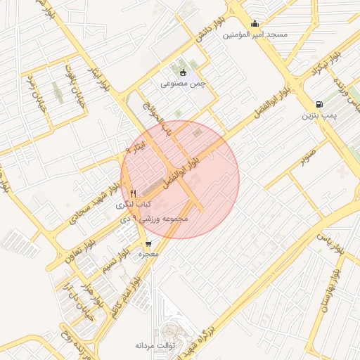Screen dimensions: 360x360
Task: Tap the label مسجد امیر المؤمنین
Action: (255, 34)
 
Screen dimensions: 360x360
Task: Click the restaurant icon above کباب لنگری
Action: (133, 193)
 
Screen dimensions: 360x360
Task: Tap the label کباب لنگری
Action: (134, 203)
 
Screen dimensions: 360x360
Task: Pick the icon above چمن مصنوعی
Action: (184, 72)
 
